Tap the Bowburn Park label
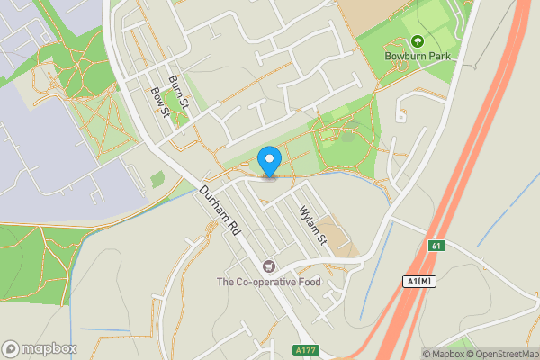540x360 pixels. (x=418, y=58)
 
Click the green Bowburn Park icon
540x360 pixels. (x=418, y=41)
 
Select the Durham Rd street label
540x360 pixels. (x=222, y=212)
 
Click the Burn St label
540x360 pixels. (x=178, y=90)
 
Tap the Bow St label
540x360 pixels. (x=161, y=103)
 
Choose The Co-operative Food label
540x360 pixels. (x=268, y=282)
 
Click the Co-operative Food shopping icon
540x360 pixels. (x=268, y=265)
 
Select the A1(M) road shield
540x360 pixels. (x=418, y=282)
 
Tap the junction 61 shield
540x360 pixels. (x=436, y=246)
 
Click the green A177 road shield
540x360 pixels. (x=304, y=350)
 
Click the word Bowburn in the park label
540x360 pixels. (x=404, y=58)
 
